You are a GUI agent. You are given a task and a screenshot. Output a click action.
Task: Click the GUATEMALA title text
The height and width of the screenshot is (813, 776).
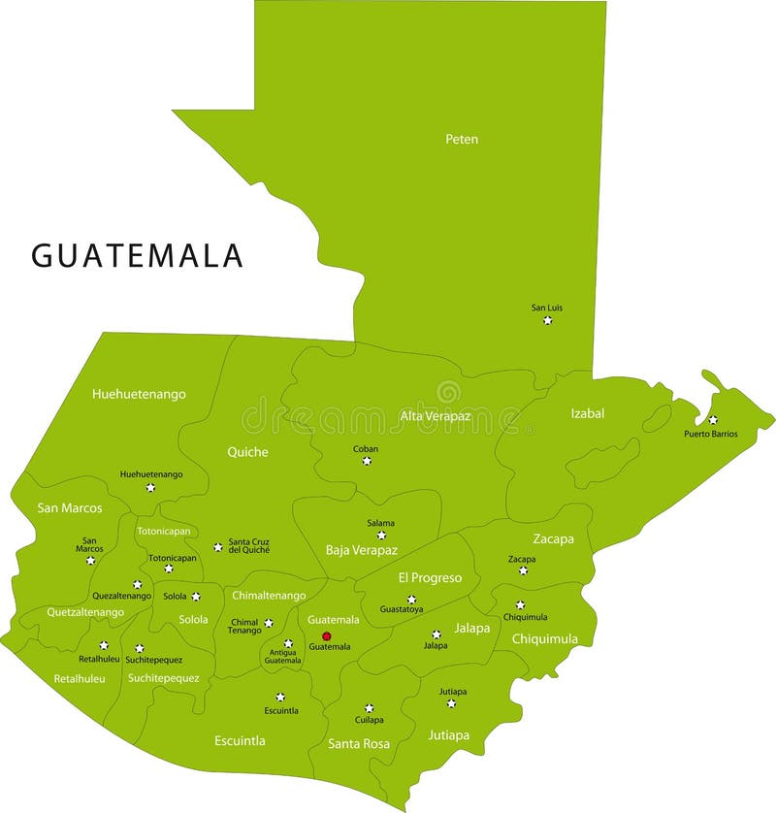137,255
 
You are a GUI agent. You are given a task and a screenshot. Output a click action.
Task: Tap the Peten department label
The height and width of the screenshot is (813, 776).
462,139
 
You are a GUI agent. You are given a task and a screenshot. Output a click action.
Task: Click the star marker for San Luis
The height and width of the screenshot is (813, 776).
547,320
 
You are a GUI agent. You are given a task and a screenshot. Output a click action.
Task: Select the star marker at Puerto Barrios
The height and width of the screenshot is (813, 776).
713,420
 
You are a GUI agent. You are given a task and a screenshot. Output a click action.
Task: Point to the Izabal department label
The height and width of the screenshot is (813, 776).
587,413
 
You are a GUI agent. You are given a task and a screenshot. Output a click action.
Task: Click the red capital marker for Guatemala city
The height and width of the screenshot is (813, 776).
326,635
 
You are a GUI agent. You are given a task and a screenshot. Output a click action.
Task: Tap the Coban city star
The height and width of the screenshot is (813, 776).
367,461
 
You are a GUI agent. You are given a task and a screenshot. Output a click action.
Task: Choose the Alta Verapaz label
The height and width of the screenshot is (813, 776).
436,416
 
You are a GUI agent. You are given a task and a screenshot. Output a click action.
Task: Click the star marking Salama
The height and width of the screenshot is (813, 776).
381,535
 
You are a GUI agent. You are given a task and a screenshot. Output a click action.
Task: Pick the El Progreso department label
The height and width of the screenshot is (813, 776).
430,577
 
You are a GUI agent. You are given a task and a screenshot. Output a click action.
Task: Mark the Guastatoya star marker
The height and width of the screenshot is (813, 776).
411,600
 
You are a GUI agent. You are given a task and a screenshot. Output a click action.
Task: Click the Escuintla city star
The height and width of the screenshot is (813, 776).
280,697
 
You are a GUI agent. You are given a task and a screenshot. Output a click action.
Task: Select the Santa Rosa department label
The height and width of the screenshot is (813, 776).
359,744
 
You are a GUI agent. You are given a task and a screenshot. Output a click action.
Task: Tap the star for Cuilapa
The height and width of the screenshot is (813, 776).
369,708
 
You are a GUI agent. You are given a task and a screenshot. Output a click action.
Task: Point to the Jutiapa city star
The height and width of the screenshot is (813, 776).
451,703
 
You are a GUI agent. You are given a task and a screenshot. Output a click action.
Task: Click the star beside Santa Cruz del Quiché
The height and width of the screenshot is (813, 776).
218,547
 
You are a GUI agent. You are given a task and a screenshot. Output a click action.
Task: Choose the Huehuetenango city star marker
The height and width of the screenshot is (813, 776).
150,487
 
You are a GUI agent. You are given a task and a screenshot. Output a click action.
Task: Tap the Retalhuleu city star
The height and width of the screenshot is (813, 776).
104,645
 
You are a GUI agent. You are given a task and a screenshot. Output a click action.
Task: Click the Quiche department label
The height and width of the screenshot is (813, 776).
247,452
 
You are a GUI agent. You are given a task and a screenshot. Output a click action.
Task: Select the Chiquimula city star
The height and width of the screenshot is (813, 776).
520,604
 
